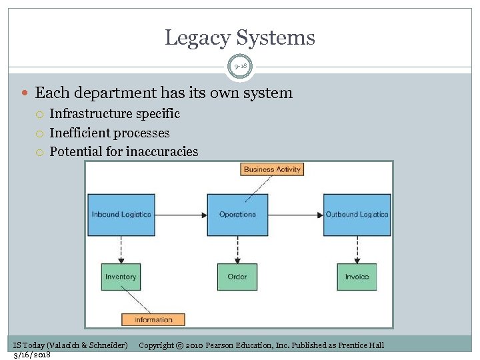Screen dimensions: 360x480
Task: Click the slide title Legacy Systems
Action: pos(240,37)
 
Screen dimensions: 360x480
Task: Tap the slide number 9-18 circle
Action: pos(240,67)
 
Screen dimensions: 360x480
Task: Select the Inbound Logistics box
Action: pos(121,215)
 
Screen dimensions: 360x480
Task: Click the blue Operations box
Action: pos(237,215)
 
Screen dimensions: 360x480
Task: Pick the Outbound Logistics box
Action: pos(357,215)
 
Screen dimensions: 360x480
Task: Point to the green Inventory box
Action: pos(121,277)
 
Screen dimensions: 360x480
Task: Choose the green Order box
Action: pos(237,277)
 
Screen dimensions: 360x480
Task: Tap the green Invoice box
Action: pos(357,277)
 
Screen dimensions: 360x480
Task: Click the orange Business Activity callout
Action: pos(272,169)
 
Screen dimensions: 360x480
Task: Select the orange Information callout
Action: pos(153,320)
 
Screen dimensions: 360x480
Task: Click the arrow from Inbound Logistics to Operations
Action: pos(181,215)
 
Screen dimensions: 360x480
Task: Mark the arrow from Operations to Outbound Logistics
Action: pos(296,215)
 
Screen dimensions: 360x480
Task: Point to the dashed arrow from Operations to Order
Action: pos(237,250)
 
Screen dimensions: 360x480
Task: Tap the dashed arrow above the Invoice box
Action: pos(357,250)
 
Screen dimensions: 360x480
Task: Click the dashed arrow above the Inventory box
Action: pos(121,250)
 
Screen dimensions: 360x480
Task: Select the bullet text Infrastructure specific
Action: pos(115,114)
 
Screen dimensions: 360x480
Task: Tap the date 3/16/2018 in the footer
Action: pos(32,354)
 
